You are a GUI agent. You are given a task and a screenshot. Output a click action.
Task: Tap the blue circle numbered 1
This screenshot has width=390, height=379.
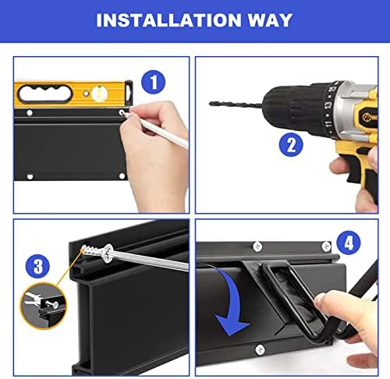[153, 82]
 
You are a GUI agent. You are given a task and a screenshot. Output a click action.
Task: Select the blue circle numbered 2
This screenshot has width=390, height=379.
[291, 145]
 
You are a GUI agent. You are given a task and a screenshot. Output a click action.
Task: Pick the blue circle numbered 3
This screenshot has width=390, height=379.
[37, 266]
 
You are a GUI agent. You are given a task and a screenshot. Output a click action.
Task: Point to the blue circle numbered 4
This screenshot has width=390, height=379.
[349, 243]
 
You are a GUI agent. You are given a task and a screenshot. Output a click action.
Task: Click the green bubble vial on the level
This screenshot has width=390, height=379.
[100, 93]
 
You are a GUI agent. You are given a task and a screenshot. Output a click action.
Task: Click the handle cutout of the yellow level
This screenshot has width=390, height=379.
[44, 94]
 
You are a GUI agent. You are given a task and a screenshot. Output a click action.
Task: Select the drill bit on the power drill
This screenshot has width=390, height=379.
[236, 104]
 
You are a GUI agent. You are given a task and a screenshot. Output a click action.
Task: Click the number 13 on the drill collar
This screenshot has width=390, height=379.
[328, 105]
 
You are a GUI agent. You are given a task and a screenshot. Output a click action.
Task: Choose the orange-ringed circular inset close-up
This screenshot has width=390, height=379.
[44, 306]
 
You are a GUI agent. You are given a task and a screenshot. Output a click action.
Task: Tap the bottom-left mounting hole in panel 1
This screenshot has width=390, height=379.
[30, 177]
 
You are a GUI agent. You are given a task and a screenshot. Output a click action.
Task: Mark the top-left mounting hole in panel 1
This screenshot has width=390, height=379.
[30, 113]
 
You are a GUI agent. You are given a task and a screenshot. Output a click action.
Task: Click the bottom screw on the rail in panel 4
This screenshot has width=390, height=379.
[260, 350]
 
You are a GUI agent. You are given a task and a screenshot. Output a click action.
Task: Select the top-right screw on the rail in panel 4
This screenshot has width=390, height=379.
[326, 246]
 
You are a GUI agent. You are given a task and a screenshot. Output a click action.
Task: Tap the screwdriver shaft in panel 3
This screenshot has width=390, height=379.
[151, 260]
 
